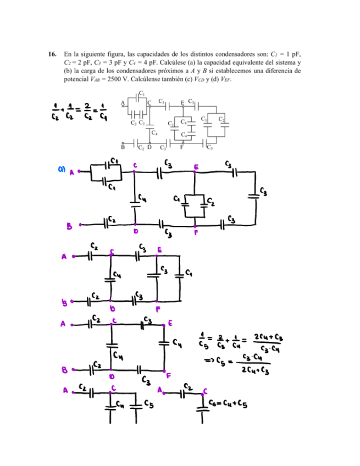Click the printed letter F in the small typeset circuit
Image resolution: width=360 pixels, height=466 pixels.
click(x=181, y=147)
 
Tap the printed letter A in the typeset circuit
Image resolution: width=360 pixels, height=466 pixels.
click(x=122, y=103)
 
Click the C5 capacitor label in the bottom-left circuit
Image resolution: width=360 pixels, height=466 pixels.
click(x=148, y=404)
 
